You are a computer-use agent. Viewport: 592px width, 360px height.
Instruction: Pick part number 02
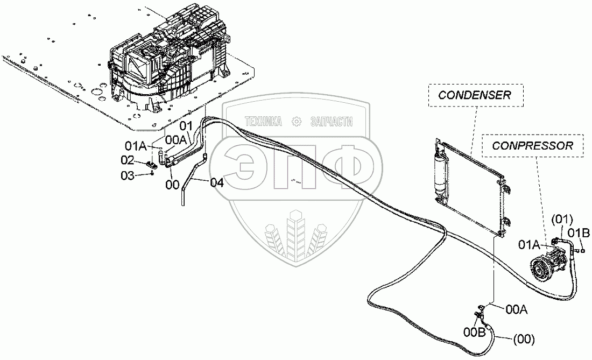127,159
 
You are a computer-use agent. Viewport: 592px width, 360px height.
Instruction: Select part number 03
127,175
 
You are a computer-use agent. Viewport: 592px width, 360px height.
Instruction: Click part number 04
216,183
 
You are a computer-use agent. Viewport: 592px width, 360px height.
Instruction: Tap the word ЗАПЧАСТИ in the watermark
332,122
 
